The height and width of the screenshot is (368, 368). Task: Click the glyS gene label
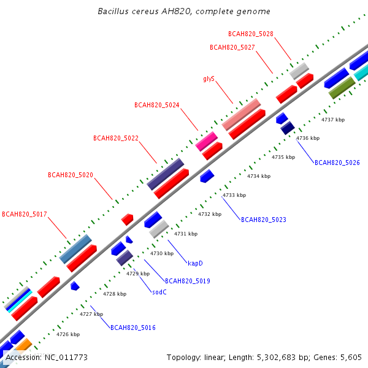(209, 79)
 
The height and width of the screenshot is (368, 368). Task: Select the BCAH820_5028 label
(251, 34)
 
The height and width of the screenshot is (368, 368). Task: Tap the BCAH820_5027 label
(232, 47)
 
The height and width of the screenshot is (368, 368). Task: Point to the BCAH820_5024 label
(157, 105)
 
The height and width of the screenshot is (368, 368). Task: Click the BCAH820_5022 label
(116, 138)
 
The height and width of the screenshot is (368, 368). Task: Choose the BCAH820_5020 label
(71, 175)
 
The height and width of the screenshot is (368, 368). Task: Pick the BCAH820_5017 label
(25, 214)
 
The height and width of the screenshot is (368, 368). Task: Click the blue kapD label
(195, 263)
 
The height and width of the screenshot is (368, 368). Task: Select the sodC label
(159, 292)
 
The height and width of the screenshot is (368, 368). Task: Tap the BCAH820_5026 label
(337, 163)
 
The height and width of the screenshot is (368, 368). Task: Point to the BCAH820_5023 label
(264, 220)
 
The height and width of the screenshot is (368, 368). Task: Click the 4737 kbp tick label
(333, 120)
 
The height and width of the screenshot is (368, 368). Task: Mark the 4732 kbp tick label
(210, 214)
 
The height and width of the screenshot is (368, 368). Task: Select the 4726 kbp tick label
(68, 334)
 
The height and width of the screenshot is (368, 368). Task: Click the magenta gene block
(207, 141)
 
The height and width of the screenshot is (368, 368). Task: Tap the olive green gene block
(342, 88)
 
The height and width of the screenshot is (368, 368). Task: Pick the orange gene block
(24, 345)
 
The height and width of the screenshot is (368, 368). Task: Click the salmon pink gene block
(241, 115)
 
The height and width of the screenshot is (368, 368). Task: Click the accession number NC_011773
(66, 358)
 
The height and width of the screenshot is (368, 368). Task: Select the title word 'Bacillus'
(113, 11)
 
